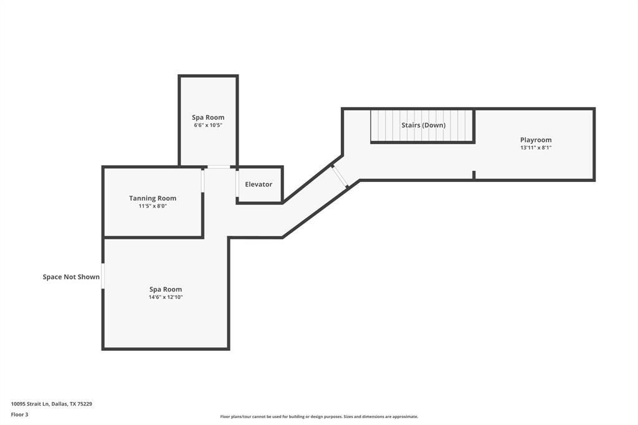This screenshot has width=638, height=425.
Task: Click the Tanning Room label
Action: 153,198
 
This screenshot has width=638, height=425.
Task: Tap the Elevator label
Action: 259,184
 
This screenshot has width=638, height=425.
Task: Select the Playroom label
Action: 536,140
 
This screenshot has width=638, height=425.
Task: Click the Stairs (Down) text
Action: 423,125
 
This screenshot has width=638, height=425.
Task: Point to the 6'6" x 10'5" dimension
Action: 208,125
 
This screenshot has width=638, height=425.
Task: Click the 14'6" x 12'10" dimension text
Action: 165,297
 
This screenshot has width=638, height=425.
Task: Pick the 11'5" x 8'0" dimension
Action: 153,206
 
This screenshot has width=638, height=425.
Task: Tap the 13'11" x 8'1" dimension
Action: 536,148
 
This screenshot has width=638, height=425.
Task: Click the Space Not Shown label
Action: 71,277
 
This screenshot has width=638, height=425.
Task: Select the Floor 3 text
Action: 19,414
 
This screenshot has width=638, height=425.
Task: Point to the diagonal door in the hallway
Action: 340,176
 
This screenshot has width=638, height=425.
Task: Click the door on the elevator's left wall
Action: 237,183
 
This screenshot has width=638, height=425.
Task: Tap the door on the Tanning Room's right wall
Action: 202,181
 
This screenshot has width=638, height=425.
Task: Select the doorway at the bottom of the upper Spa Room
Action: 218,166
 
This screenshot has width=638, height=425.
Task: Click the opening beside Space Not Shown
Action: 103,276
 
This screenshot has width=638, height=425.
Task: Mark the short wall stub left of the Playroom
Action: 474,175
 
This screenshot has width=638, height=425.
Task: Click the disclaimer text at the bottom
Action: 319,417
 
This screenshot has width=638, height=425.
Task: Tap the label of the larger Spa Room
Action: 165,289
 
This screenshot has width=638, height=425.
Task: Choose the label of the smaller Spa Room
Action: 208,117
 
